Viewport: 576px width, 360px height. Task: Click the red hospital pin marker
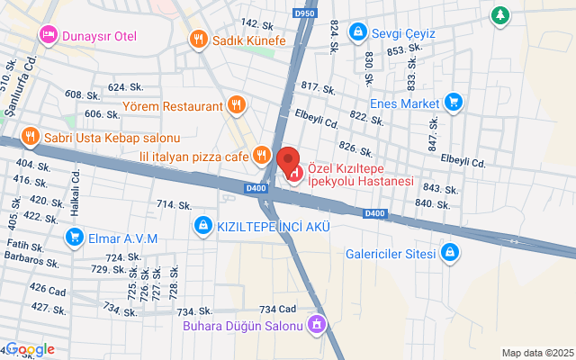pos(290,163)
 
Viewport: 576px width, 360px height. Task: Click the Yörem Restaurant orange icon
pos(236,105)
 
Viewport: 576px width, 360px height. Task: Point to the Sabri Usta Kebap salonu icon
pos(29,137)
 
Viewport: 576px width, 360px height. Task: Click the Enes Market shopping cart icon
pos(453,103)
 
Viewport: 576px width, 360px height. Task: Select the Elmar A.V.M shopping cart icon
pos(74,238)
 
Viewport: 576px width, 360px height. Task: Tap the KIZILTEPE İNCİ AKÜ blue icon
pos(203,224)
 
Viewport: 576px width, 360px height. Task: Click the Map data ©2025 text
pos(536,352)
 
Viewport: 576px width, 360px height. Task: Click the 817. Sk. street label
pos(319,87)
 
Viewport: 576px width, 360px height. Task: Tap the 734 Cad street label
pos(277,309)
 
